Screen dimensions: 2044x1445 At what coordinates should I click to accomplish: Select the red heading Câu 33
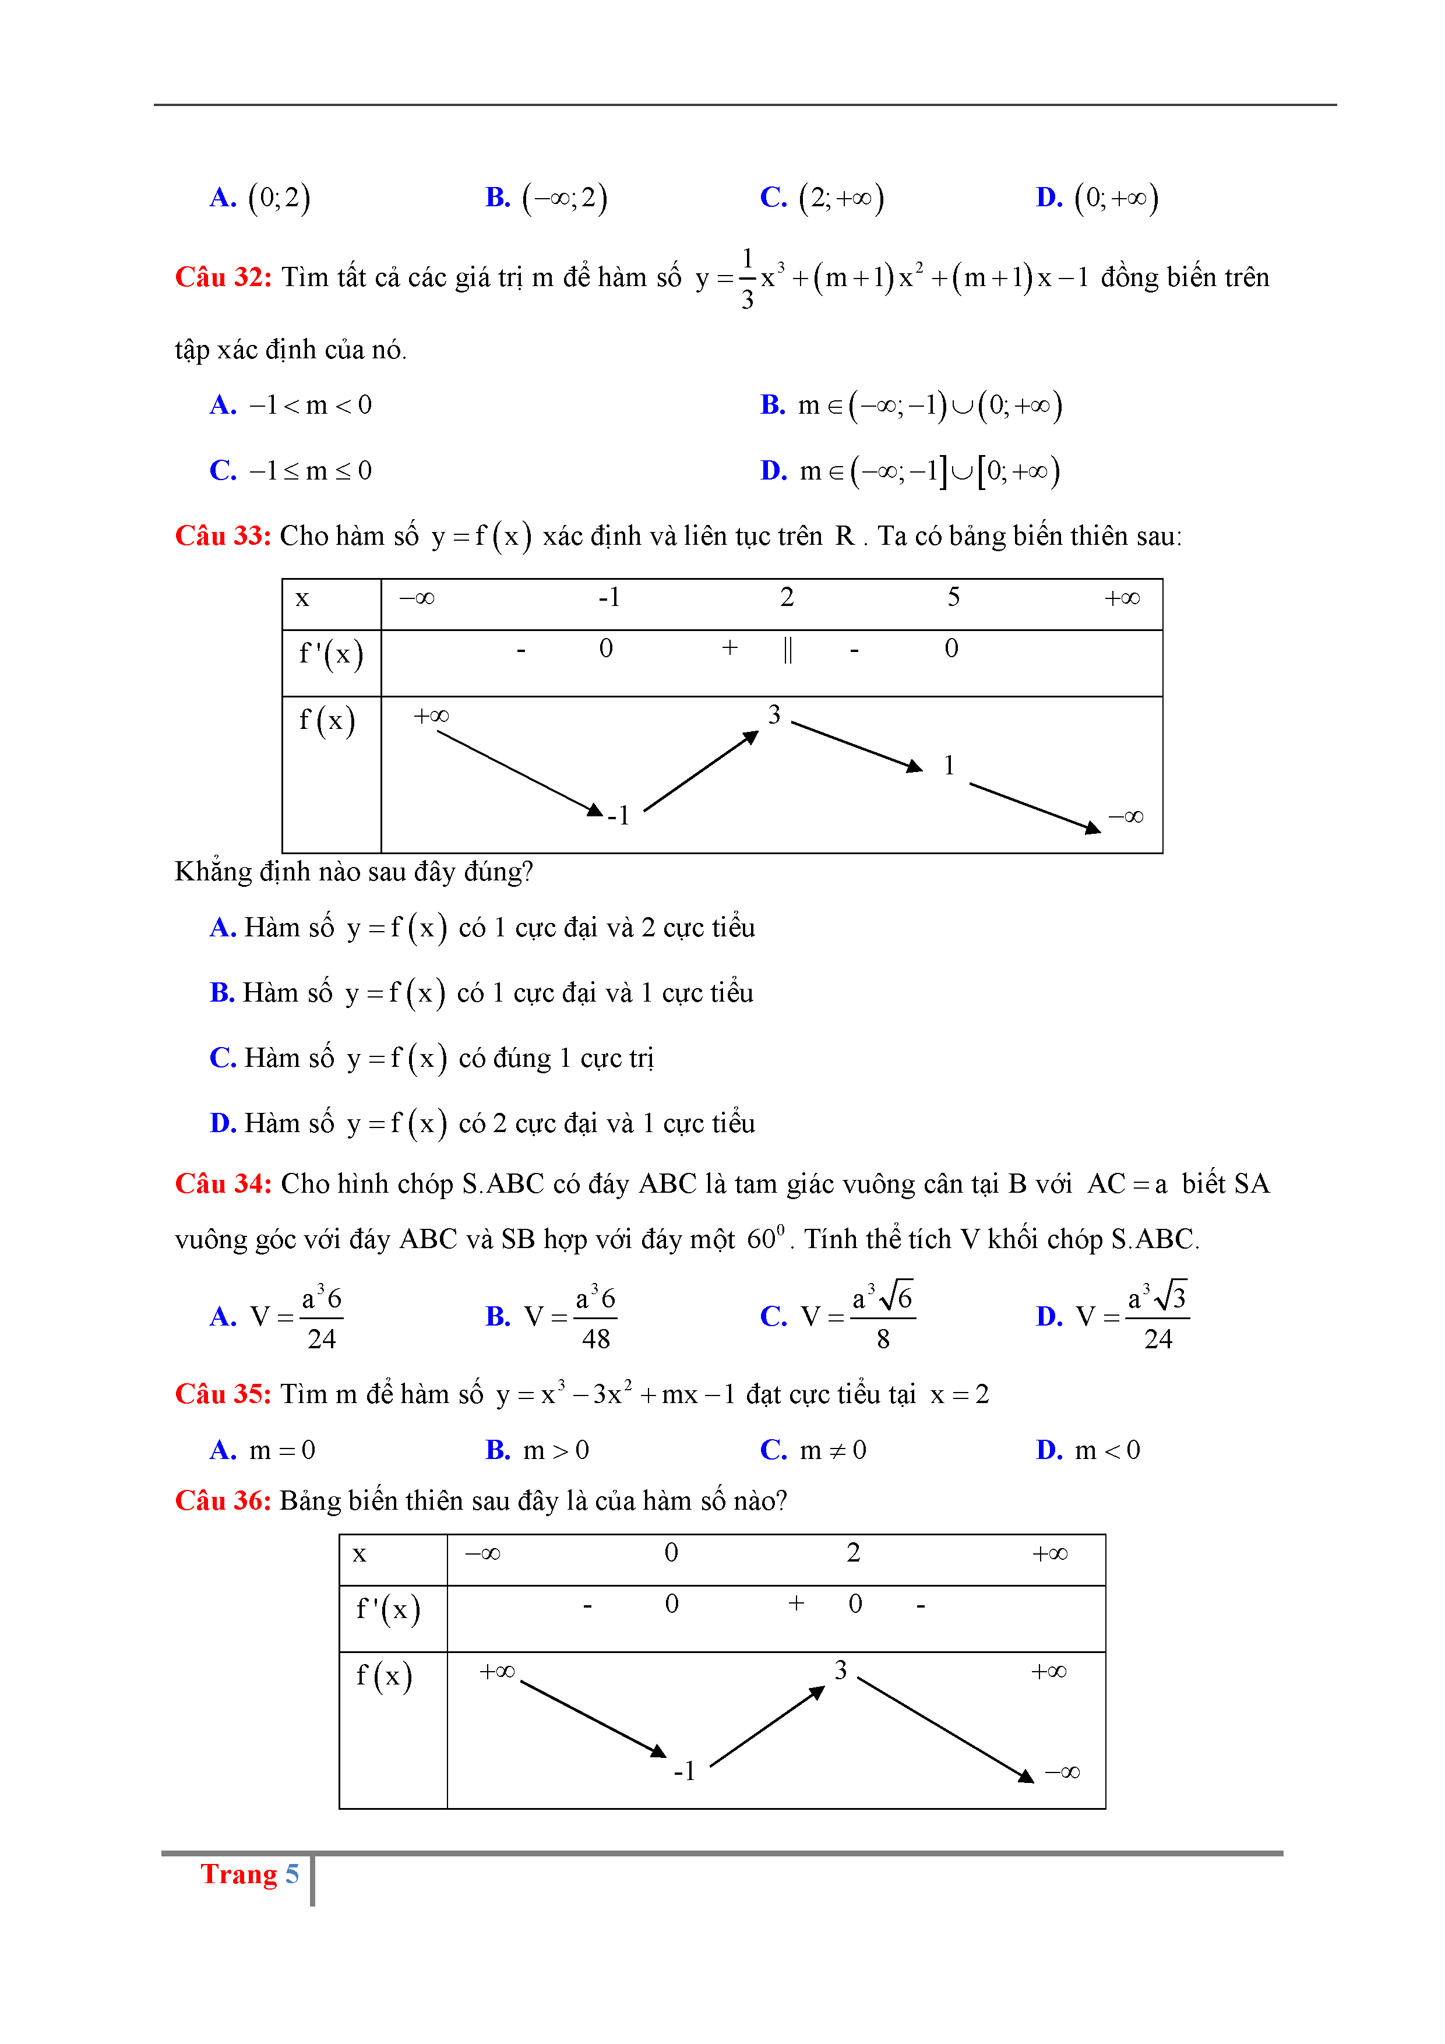coord(223,536)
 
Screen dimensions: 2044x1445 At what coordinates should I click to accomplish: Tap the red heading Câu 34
coord(223,1184)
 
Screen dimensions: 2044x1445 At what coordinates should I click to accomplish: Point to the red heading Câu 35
coord(223,1394)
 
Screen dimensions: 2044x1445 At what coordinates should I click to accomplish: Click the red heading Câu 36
coord(223,1501)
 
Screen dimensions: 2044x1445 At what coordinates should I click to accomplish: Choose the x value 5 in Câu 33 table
coord(954,597)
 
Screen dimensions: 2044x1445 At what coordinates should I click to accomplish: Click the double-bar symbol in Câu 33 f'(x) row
coord(788,650)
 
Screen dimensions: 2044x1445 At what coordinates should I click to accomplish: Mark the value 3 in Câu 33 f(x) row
coord(774,715)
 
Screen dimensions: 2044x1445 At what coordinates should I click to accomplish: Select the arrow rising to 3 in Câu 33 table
coord(701,771)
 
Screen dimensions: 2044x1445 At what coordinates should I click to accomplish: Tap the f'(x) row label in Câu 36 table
coord(388,1609)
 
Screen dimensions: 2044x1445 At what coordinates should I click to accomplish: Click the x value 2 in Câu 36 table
coord(853,1553)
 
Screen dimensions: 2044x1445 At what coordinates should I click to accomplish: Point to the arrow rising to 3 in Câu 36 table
coord(767,1726)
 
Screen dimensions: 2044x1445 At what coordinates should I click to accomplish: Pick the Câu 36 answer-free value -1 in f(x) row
coord(685,1771)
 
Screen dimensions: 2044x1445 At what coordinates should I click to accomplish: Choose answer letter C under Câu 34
coord(773,1317)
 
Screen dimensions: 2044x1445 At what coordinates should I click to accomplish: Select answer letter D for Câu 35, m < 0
coord(1049,1450)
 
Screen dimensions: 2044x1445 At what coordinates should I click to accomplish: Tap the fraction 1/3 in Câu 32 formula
coord(747,279)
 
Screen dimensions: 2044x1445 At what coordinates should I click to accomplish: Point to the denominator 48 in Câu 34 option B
coord(595,1339)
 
